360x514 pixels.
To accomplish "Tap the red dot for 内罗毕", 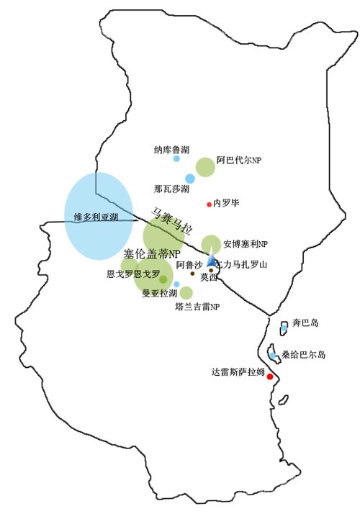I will click(210, 204).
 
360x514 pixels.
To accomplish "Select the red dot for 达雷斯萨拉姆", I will click(270, 376).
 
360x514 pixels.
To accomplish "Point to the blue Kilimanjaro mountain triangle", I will click(212, 261).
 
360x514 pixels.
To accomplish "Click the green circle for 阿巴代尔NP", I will click(206, 166).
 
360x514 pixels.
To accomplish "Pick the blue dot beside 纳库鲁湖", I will click(176, 158).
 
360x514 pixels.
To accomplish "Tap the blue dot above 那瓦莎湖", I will click(190, 178).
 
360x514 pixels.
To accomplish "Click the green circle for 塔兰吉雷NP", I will click(186, 292).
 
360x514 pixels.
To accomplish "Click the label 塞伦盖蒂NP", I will click(151, 253).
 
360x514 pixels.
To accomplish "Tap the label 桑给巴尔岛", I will click(307, 355).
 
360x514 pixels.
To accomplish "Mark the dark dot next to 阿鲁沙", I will click(192, 274).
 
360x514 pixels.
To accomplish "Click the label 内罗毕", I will click(227, 204).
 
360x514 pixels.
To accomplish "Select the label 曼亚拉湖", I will click(159, 293).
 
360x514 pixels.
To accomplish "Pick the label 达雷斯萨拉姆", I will click(238, 372).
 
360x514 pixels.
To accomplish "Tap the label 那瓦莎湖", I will click(171, 189).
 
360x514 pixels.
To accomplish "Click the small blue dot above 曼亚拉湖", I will click(176, 284).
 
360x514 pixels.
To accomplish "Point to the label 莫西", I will click(208, 276).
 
